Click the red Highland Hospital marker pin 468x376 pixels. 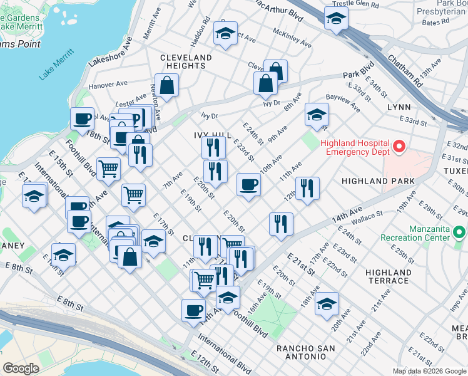(399, 148)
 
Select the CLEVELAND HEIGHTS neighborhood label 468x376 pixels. (186, 61)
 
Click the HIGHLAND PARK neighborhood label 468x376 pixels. (378, 181)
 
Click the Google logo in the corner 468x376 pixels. (21, 368)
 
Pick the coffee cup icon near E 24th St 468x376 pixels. (248, 184)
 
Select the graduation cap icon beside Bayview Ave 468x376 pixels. (317, 115)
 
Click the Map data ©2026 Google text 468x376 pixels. (429, 370)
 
